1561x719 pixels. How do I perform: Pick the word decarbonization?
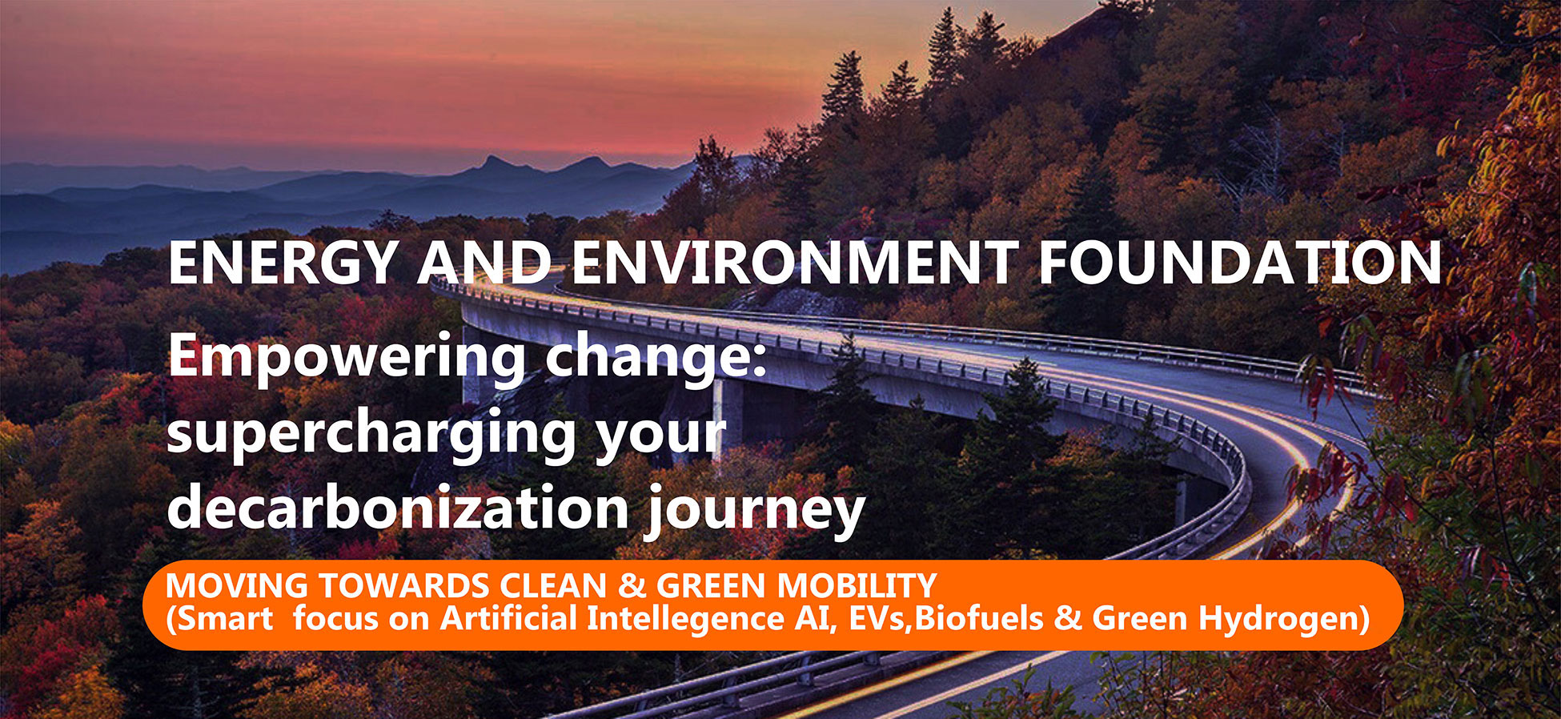398,509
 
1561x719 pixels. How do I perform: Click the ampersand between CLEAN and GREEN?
632,586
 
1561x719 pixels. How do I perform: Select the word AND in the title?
484,263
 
